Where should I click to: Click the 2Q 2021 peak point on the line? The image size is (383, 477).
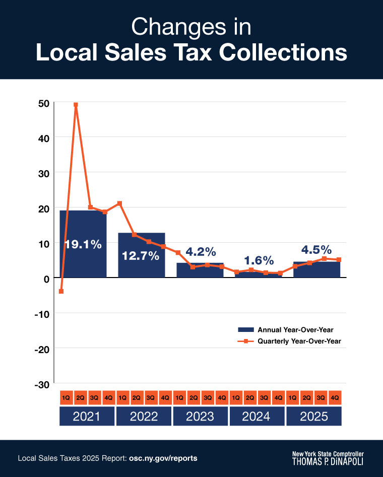tap(76, 105)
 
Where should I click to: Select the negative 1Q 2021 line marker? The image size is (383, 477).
tap(61, 291)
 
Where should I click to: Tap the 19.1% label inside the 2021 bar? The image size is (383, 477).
tap(83, 245)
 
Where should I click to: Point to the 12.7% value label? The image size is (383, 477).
tap(141, 255)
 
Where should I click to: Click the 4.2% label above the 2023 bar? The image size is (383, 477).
tap(201, 251)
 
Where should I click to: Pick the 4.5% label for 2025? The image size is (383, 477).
tap(316, 249)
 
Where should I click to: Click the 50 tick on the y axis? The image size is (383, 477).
tap(43, 103)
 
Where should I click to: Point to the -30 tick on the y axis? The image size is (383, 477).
tap(42, 384)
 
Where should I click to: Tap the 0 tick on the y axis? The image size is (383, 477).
tap(46, 278)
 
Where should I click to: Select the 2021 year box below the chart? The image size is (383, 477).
tap(87, 417)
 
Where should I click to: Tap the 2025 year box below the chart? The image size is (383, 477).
tap(313, 417)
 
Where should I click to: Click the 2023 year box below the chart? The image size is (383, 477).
tap(201, 417)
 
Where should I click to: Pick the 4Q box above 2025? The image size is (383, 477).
tap(335, 397)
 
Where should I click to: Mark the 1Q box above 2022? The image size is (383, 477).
tap(122, 397)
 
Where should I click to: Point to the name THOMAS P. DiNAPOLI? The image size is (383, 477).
tap(328, 461)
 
